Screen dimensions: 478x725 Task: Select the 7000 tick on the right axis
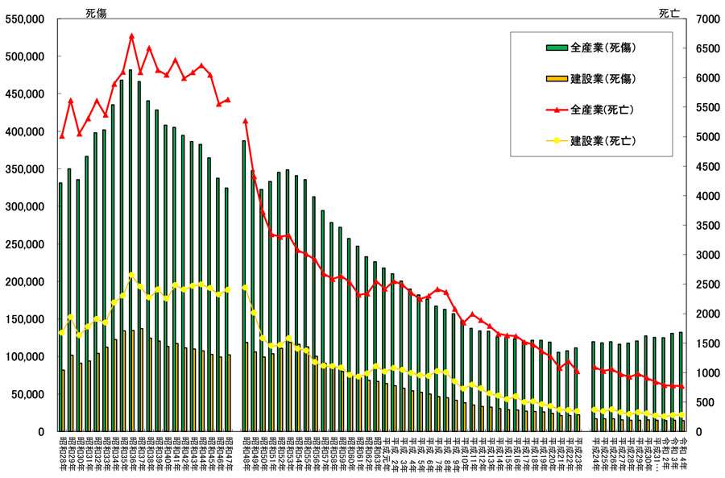click(702, 19)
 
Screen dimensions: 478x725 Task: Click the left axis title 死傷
click(95, 11)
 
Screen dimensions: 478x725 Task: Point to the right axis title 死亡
click(669, 11)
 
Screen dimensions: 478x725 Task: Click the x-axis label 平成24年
click(594, 455)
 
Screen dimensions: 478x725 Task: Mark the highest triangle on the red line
click(131, 36)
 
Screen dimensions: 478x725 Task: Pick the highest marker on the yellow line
click(131, 275)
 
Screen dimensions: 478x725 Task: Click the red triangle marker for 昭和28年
click(61, 135)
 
